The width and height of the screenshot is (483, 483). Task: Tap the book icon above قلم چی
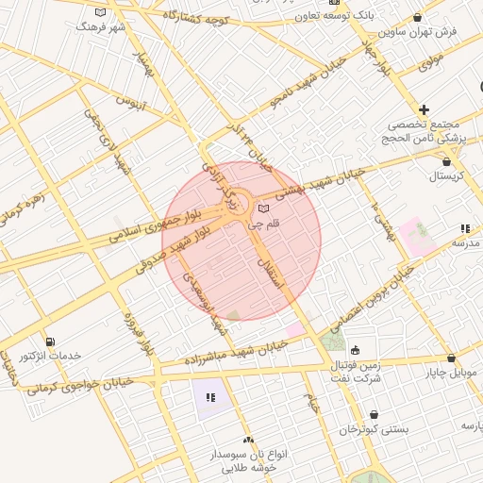pyautogui.click(x=263, y=208)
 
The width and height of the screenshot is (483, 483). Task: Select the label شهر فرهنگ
pyautogui.click(x=104, y=26)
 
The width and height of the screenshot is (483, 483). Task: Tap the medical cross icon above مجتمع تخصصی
pyautogui.click(x=425, y=110)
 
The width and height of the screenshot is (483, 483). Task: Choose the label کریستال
pyautogui.click(x=448, y=176)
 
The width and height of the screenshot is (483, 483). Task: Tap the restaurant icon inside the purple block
pyautogui.click(x=210, y=398)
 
